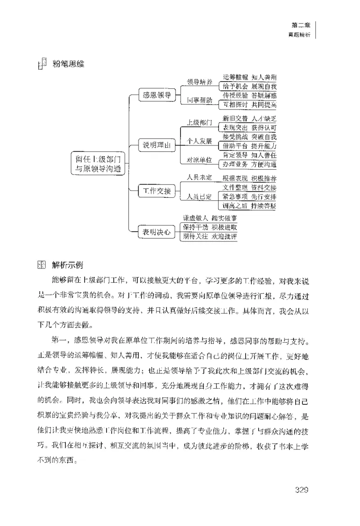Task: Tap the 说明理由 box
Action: point(156,145)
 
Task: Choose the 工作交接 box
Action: point(156,191)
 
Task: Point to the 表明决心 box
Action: point(156,232)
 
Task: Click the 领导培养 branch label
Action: point(200,82)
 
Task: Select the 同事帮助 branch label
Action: point(200,100)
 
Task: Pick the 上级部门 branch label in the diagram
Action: point(200,122)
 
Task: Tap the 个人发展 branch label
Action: point(200,141)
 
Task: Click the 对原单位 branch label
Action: point(200,160)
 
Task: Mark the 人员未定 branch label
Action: point(200,177)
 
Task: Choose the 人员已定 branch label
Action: point(200,196)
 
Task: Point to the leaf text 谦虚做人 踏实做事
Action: point(209,218)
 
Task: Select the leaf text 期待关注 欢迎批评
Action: point(209,236)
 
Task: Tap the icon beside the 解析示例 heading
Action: point(41,264)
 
